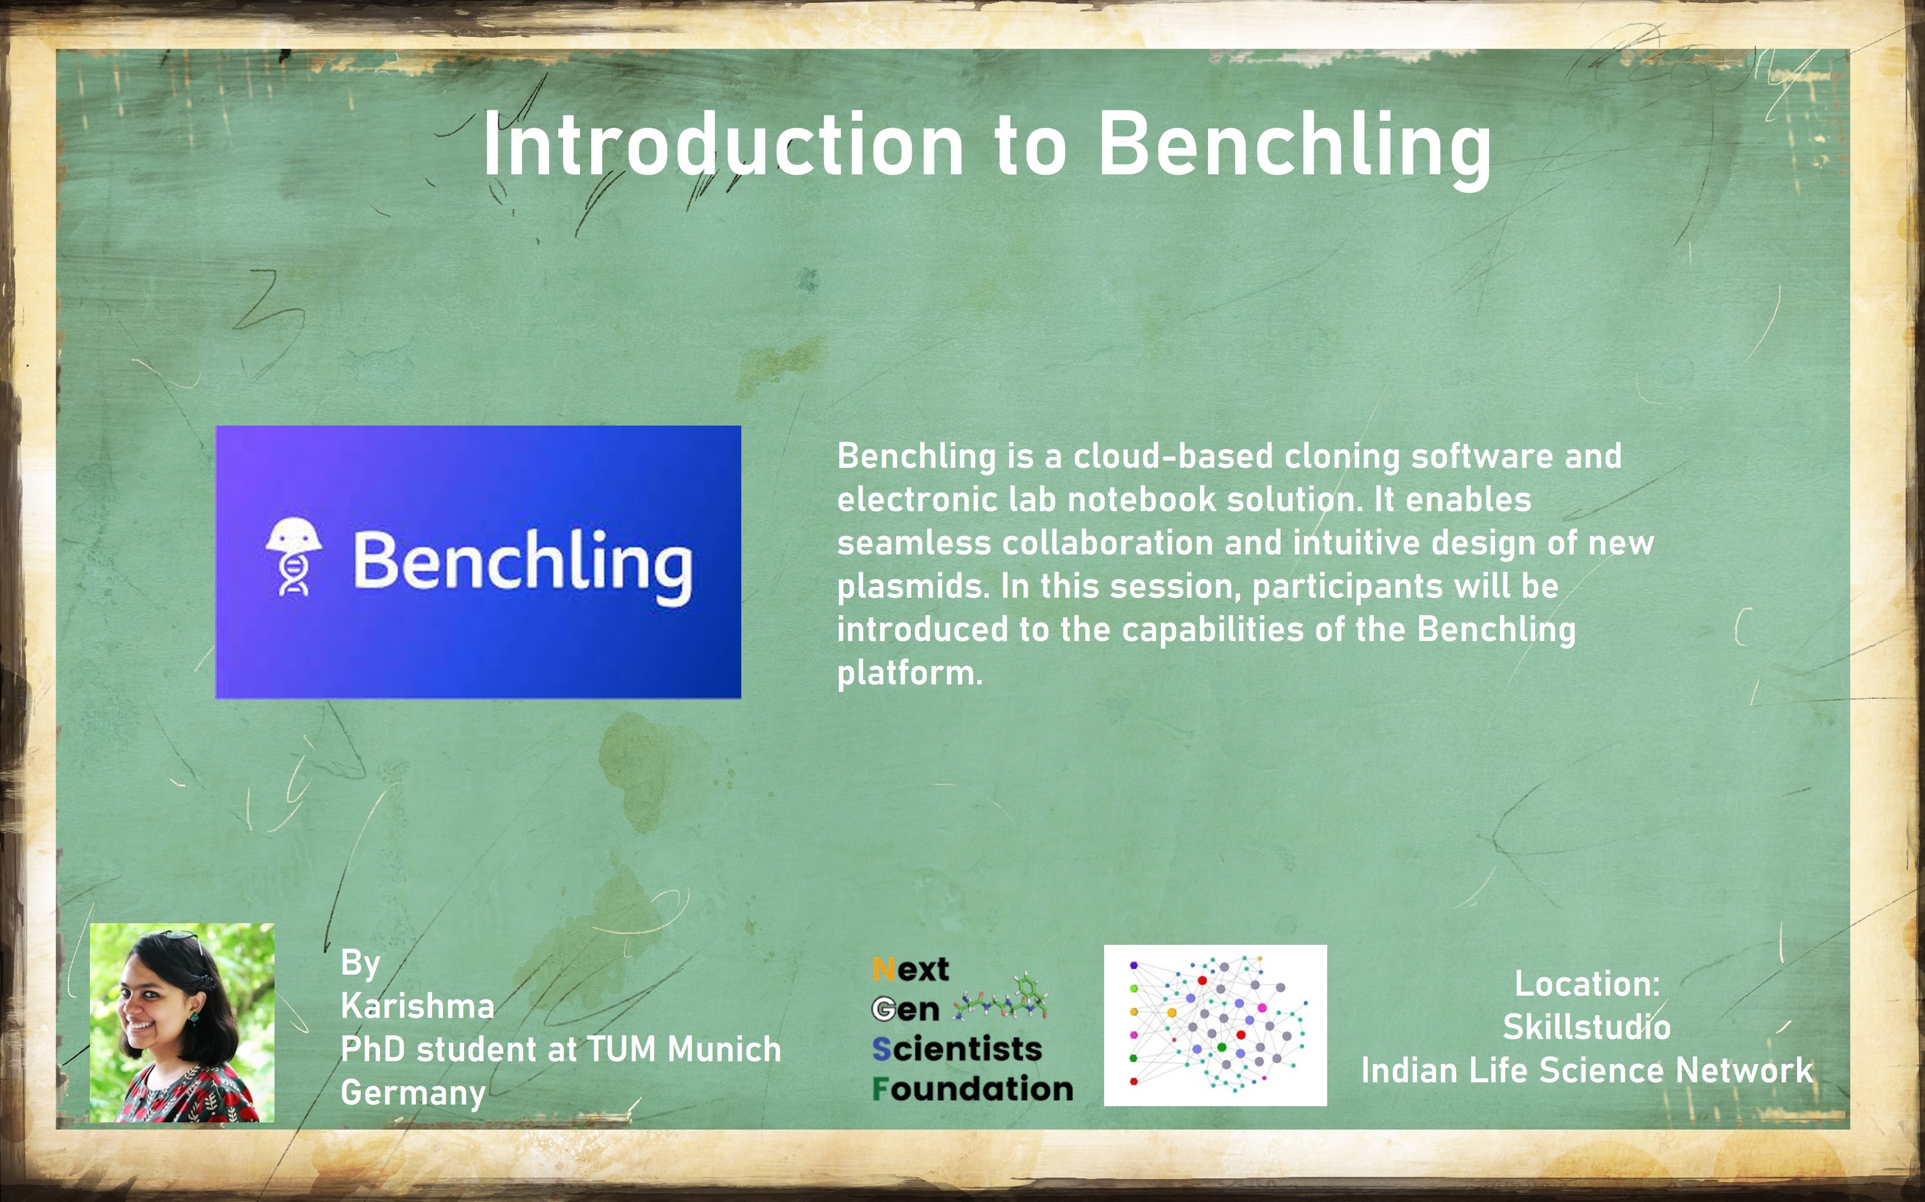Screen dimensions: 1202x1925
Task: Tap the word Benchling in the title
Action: pyautogui.click(x=1294, y=146)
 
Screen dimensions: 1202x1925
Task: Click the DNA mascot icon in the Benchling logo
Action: pyautogui.click(x=294, y=557)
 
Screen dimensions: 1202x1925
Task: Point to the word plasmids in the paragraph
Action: pyautogui.click(x=912, y=587)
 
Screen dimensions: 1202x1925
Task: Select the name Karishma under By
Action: pyautogui.click(x=417, y=1007)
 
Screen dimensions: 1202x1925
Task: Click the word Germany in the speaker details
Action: pyautogui.click(x=413, y=1093)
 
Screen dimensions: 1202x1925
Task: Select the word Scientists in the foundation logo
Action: pyautogui.click(x=956, y=1049)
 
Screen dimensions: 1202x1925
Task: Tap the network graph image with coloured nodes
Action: pyautogui.click(x=1215, y=1025)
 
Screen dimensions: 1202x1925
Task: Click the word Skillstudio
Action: pyautogui.click(x=1587, y=1027)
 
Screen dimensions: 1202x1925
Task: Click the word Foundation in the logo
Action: pyautogui.click(x=972, y=1088)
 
